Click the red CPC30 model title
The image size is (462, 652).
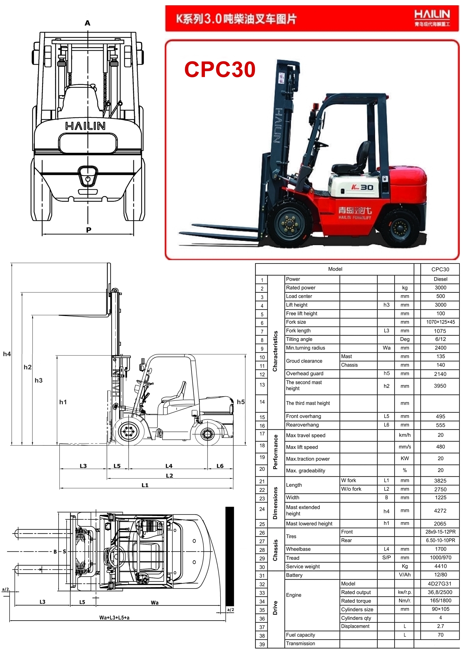point(220,69)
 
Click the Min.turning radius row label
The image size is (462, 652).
point(305,348)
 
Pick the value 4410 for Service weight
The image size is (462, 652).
point(441,566)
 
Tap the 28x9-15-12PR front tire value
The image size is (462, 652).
point(441,532)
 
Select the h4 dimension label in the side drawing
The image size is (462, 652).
point(7,354)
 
